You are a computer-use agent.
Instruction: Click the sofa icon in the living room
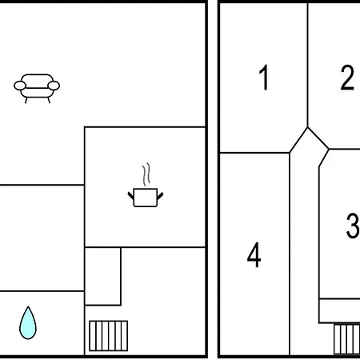tap(37, 88)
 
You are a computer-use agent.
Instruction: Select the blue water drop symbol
tap(28, 323)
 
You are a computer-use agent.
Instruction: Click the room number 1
tap(263, 78)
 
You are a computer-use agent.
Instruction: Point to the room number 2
tap(347, 78)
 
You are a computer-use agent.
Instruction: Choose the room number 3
tap(353, 226)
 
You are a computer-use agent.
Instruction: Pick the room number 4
tap(254, 254)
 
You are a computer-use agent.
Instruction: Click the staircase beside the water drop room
tap(108, 336)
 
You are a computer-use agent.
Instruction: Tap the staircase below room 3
tap(347, 339)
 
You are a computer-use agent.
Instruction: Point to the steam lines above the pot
tap(146, 174)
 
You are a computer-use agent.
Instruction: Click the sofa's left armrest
tap(20, 86)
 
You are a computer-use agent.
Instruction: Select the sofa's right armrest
tap(54, 86)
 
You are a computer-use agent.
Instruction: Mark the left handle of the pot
tap(130, 196)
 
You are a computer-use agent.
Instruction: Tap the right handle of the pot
tap(160, 196)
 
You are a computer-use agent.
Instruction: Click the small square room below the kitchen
tap(102, 276)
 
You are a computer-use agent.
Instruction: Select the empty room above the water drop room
tap(42, 238)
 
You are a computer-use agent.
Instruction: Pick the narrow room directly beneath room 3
tap(340, 311)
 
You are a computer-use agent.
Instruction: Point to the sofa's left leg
tap(26, 100)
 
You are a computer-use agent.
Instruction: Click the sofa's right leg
tap(49, 100)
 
